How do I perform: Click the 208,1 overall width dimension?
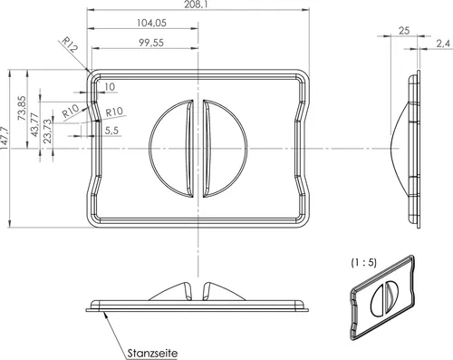[196, 5]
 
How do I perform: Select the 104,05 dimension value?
[151, 23]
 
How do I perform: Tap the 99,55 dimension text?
[151, 43]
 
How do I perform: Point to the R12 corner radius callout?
[70, 44]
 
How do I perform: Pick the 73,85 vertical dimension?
[22, 108]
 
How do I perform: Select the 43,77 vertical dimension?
[35, 124]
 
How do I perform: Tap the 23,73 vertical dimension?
[48, 131]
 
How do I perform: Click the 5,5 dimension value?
[111, 131]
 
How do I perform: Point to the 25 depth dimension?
[404, 31]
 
